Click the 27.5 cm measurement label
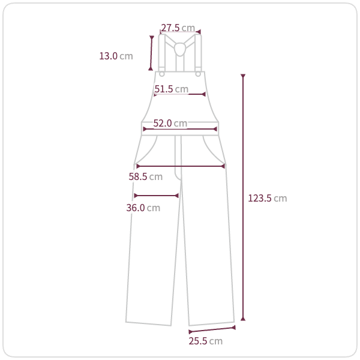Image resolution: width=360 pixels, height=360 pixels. pyautogui.click(x=178, y=28)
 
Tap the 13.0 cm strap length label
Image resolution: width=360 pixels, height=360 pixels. pyautogui.click(x=116, y=56)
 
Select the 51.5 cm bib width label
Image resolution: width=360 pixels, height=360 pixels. pyautogui.click(x=171, y=89)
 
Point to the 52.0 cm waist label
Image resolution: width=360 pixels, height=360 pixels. pyautogui.click(x=170, y=123)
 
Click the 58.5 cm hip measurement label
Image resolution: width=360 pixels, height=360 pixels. pyautogui.click(x=146, y=176)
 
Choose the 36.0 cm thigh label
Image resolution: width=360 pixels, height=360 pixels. pyautogui.click(x=143, y=208)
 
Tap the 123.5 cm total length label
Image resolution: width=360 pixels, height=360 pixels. pyautogui.click(x=268, y=199)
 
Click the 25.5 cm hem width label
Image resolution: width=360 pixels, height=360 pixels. pyautogui.click(x=205, y=341)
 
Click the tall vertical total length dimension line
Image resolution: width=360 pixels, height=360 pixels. pyautogui.click(x=243, y=197)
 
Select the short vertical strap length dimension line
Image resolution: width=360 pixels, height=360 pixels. pyautogui.click(x=151, y=53)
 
